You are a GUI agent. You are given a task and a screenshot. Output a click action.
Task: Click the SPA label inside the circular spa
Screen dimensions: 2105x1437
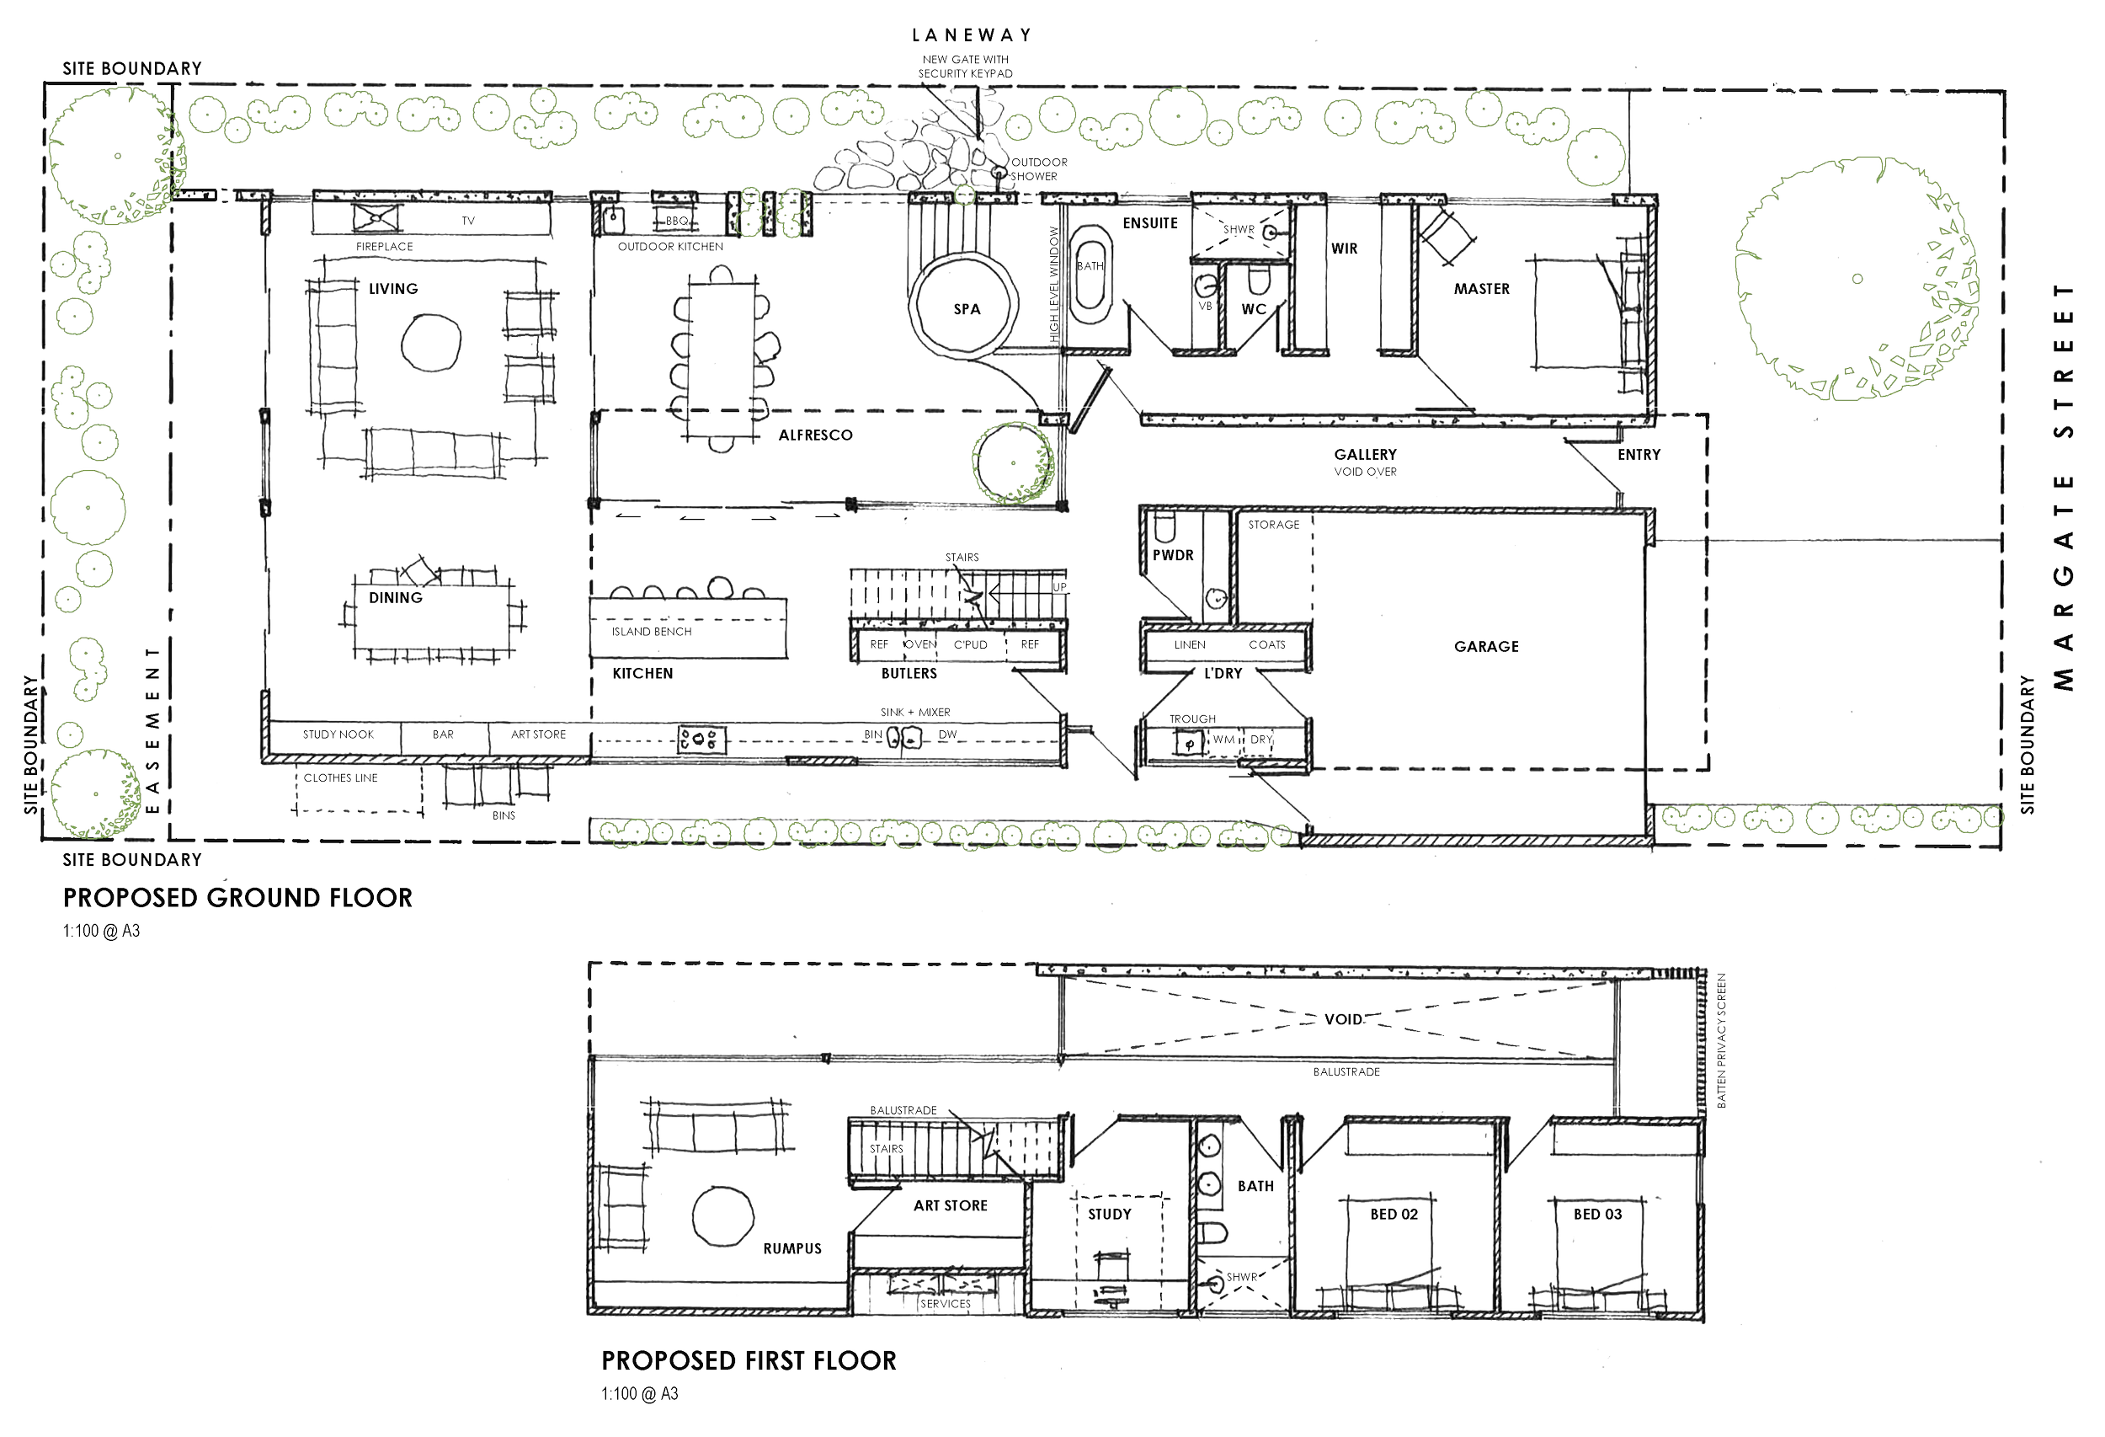point(967,310)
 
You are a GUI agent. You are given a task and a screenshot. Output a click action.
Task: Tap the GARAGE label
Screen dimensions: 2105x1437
point(1486,647)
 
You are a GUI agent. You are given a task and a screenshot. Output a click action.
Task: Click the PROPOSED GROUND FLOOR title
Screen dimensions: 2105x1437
point(237,898)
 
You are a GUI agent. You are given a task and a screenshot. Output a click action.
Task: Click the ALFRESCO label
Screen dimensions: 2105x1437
point(815,435)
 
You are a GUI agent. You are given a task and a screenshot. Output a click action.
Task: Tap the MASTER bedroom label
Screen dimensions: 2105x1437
point(1482,289)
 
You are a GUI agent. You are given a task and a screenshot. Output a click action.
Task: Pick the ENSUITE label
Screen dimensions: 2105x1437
point(1150,223)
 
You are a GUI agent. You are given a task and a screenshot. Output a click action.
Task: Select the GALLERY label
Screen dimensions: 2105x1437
point(1365,454)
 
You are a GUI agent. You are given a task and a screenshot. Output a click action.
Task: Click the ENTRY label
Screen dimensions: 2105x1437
point(1639,455)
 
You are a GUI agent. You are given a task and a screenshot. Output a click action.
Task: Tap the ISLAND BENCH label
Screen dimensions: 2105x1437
point(653,632)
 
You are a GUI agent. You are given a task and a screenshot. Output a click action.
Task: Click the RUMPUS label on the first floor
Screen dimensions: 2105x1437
point(792,1248)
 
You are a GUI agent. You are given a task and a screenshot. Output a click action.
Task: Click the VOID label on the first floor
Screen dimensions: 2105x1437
point(1342,1019)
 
